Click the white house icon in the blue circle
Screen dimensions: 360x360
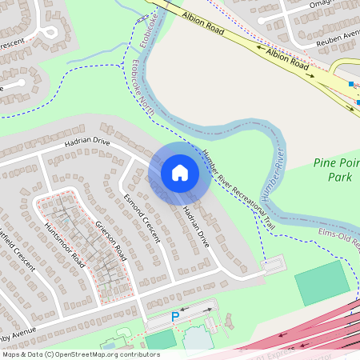[179, 173]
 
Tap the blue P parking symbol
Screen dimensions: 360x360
[175, 318]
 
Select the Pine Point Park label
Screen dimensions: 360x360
[335, 170]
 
